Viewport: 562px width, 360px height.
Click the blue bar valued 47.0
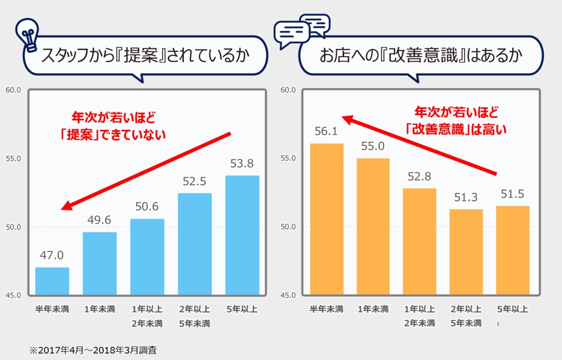click(52, 281)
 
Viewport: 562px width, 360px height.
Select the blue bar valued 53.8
click(242, 235)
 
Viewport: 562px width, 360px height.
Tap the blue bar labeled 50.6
click(147, 257)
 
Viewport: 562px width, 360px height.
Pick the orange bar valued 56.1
click(326, 219)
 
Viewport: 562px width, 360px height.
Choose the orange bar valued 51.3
click(466, 252)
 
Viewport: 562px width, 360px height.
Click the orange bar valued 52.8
click(419, 242)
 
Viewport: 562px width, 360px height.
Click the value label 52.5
click(195, 182)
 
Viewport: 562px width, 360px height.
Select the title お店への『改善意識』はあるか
click(421, 56)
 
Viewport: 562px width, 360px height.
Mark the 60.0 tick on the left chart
click(13, 90)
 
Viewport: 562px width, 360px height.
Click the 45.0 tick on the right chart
click(288, 295)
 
